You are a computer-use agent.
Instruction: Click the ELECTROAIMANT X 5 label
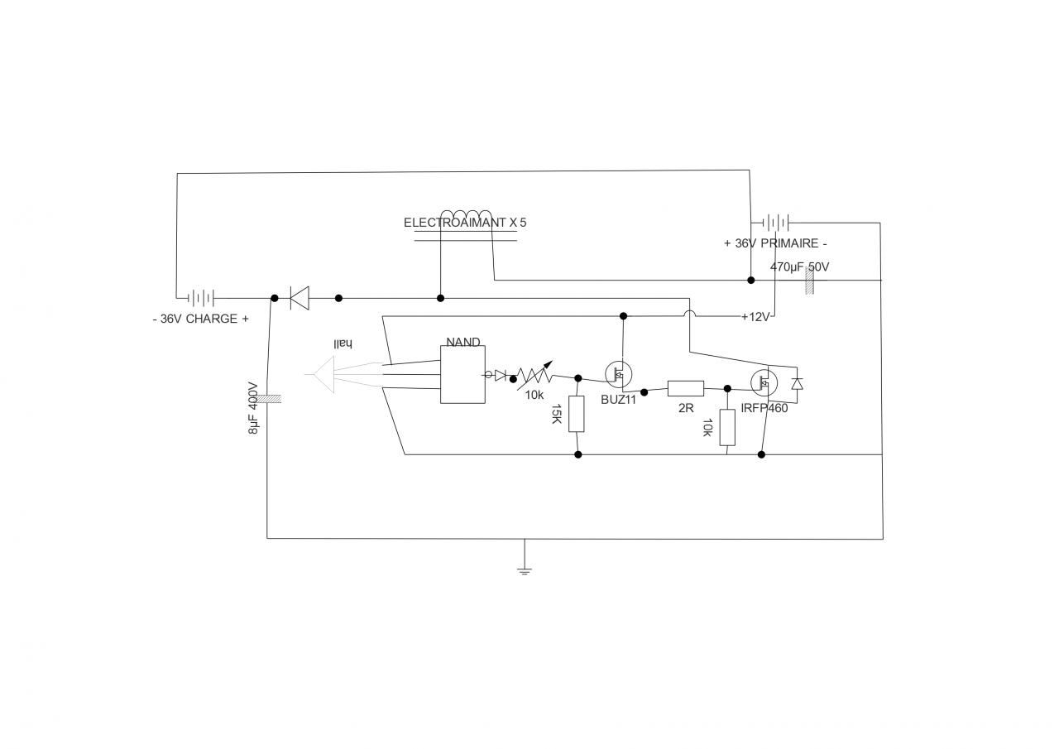click(x=464, y=223)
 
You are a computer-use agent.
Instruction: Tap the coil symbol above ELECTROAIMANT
click(x=466, y=217)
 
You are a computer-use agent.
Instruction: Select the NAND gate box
click(x=462, y=374)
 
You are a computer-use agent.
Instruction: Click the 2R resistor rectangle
click(x=685, y=387)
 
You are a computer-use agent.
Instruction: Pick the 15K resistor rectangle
click(x=577, y=414)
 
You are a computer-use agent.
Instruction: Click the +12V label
click(x=755, y=317)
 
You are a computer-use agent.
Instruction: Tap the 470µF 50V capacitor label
click(x=799, y=267)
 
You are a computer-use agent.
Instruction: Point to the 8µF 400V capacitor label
click(x=254, y=408)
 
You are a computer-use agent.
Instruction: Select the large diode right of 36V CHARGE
click(x=299, y=297)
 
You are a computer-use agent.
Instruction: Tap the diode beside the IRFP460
click(x=798, y=383)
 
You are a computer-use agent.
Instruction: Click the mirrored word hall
click(x=343, y=343)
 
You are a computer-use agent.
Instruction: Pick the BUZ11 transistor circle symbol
click(x=616, y=375)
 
